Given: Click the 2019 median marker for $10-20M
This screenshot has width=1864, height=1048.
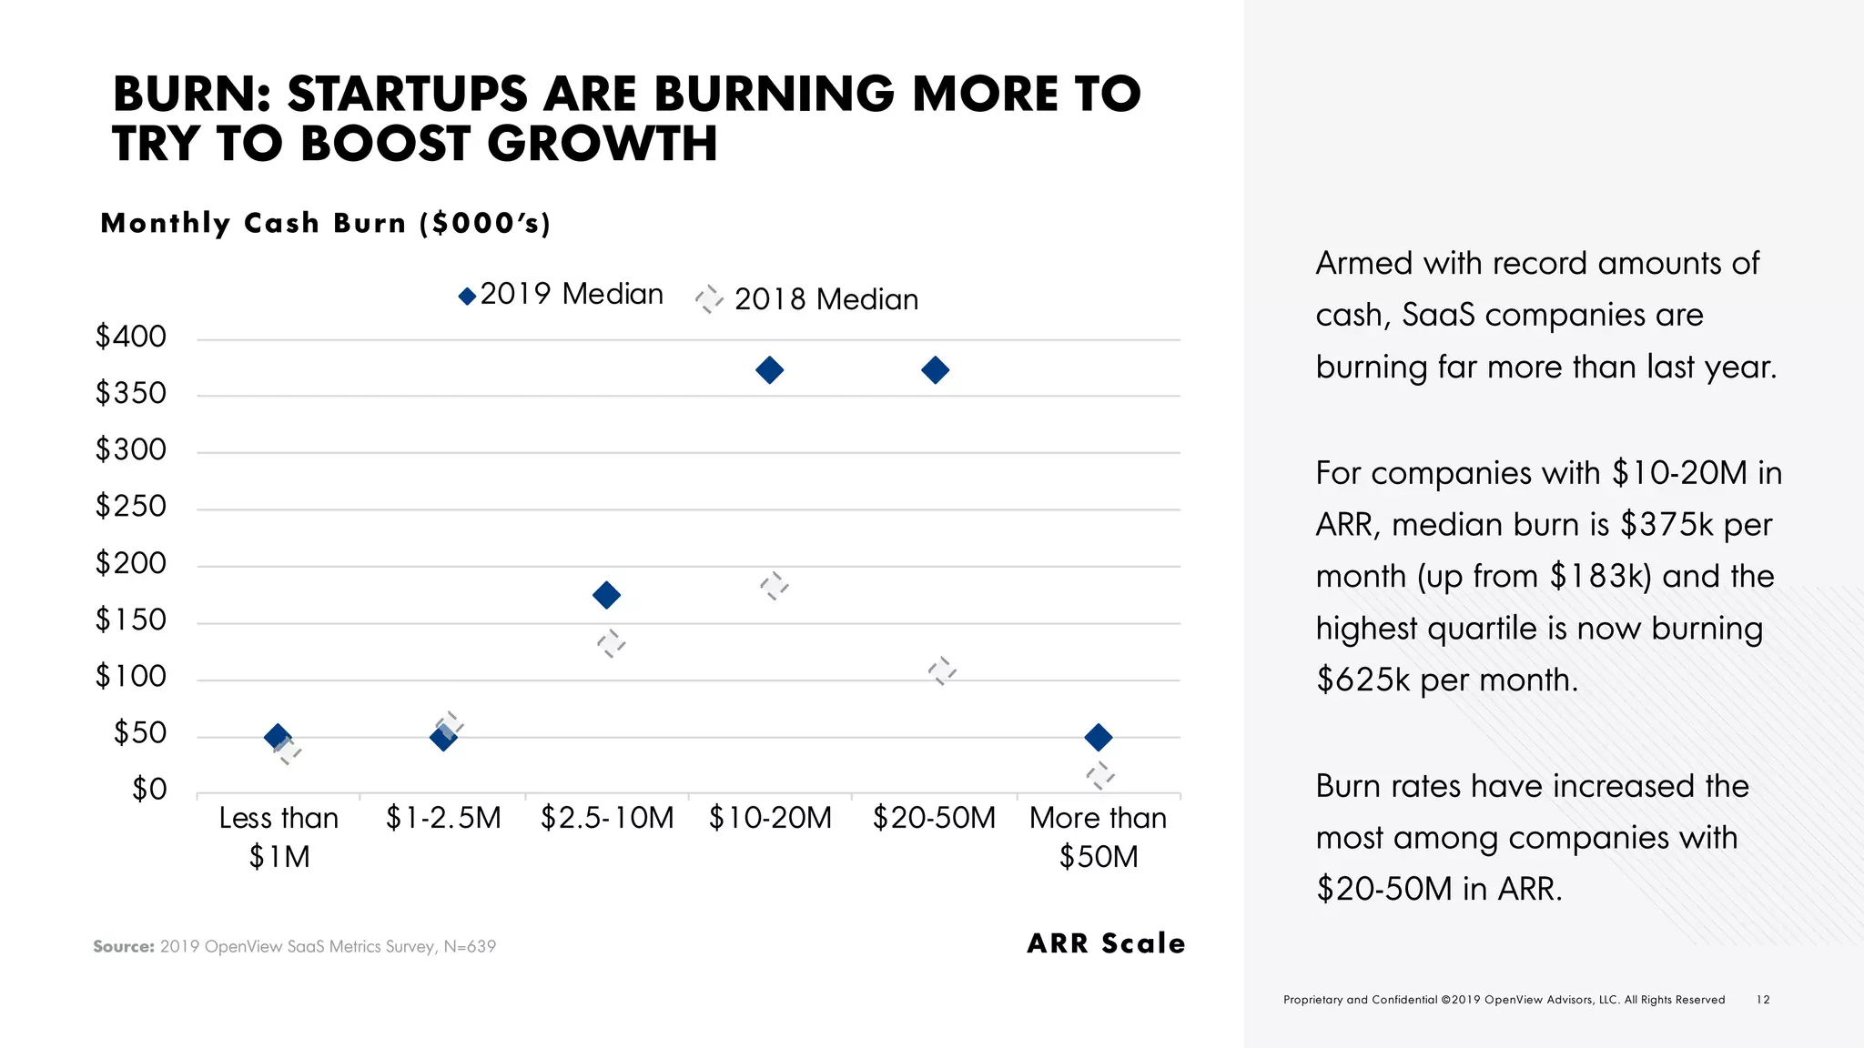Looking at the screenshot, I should point(769,370).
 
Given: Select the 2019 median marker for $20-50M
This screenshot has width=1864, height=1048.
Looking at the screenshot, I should point(935,370).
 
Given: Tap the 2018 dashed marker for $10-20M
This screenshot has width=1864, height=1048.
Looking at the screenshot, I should point(774,586).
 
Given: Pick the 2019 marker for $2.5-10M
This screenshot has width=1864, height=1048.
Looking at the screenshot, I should point(606,596).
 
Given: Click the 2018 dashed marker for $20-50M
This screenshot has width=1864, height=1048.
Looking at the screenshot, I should point(942,671).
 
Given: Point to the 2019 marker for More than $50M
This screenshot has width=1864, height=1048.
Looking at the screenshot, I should point(1099,737).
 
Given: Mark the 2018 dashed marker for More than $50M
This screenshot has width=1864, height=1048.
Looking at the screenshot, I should point(1099,775).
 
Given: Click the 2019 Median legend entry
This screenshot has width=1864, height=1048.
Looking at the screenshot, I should point(562,295).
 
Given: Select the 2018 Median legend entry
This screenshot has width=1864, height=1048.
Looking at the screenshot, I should point(808,299).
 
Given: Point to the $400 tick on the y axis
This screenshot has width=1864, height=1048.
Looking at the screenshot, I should point(131,338).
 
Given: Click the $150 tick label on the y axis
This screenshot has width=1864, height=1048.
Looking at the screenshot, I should point(131,620).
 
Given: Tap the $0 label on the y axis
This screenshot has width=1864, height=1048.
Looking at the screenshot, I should point(149,790).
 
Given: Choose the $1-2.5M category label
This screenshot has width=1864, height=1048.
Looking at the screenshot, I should point(443,818).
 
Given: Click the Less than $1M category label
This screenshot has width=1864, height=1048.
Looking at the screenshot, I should point(279,837).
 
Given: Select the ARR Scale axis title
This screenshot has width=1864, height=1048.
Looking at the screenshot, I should point(1106,943).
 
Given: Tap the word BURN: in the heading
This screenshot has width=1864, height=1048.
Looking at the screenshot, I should point(192,95).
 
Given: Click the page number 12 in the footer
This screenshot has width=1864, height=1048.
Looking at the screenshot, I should point(1763,1000).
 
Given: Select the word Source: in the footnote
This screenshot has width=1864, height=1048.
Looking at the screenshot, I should point(124,947).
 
